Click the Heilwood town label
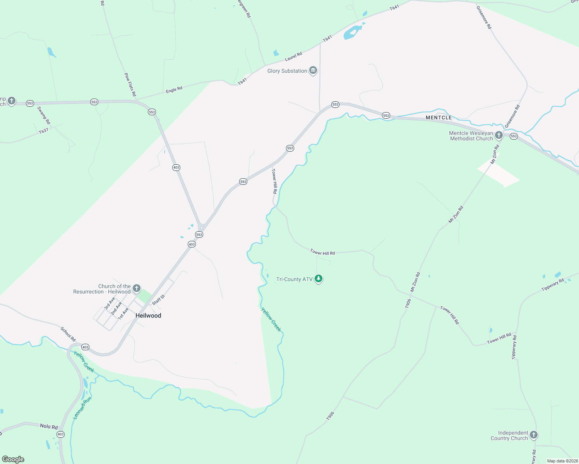(148, 316)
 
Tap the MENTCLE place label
(439, 118)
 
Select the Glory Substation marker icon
(313, 71)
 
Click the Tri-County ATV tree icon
(319, 279)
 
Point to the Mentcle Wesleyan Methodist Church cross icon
(499, 135)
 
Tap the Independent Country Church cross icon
(534, 435)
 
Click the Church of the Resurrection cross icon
(136, 288)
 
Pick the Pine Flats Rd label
(130, 84)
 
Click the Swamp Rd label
(44, 115)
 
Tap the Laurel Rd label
(293, 56)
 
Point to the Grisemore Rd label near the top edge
(483, 17)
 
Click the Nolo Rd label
(49, 426)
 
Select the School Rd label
(68, 334)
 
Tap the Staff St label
(159, 300)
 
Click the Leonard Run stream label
(82, 408)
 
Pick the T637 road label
(43, 131)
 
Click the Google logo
(13, 459)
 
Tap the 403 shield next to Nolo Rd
(60, 434)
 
